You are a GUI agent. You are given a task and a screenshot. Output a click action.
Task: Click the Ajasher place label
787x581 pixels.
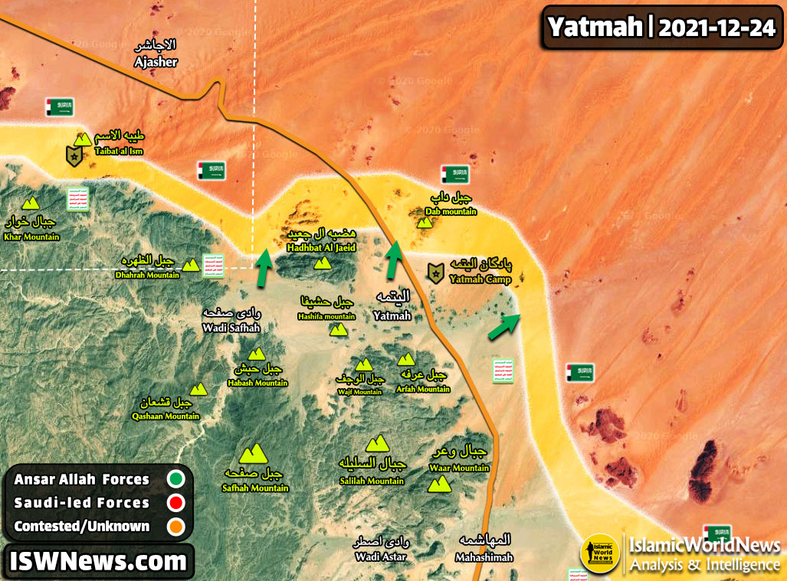[156, 62]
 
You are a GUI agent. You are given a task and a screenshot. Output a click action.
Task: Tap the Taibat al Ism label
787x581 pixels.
[119, 152]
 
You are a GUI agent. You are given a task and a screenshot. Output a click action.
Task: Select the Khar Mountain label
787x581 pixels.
[31, 237]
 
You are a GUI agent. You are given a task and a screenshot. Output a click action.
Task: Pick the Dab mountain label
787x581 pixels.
[451, 211]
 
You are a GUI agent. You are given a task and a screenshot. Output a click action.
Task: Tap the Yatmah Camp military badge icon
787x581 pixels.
[436, 273]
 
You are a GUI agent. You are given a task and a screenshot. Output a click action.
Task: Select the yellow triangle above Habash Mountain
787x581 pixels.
[256, 354]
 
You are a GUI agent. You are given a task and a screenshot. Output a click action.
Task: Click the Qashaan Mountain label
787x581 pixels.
[166, 416]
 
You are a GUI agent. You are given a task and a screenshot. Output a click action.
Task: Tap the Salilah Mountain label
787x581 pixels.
[372, 481]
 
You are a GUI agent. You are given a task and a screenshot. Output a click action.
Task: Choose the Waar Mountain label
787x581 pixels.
[460, 468]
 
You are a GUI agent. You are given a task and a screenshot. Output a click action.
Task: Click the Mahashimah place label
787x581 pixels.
[484, 557]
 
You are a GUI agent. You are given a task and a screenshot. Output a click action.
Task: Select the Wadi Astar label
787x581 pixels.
[380, 557]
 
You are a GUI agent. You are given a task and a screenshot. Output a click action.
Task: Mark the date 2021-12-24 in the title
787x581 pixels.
[716, 28]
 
